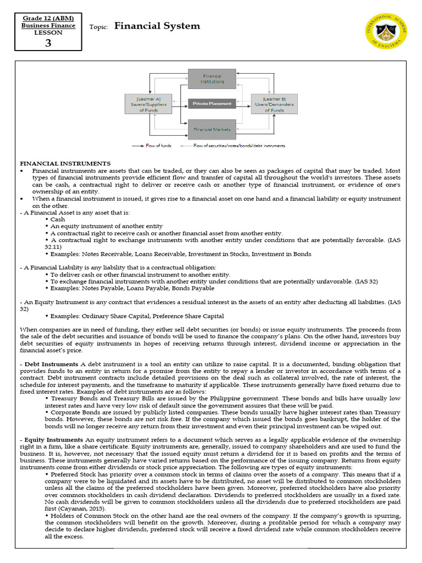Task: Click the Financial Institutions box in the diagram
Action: [212, 78]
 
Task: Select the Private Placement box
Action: [212, 103]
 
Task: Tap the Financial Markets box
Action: [212, 130]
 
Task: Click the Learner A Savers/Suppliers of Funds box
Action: [148, 103]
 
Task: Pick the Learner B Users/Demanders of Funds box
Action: [274, 103]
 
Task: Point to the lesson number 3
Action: [48, 43]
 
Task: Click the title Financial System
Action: [157, 26]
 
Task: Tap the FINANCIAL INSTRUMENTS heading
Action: [65, 163]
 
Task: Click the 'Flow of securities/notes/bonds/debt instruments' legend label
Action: [239, 146]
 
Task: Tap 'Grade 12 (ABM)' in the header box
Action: [48, 18]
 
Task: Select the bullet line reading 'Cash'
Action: [58, 219]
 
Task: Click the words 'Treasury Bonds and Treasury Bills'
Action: [93, 398]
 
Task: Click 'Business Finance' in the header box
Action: [48, 25]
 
